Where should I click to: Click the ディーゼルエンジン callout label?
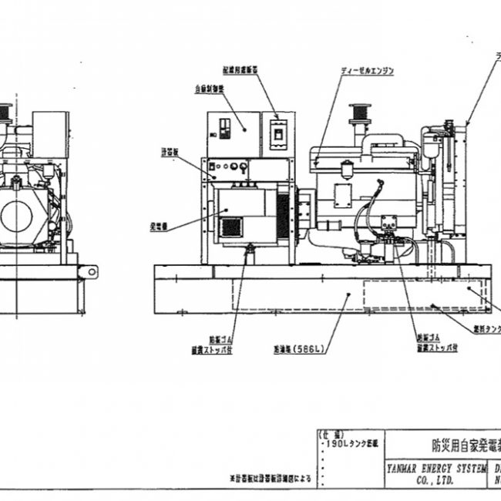click(368, 70)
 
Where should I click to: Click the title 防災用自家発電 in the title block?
click(455, 445)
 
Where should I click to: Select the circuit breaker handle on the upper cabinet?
click(276, 136)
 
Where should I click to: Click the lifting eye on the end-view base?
click(92, 271)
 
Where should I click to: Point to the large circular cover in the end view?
click(17, 217)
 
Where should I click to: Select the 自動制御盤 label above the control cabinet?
click(210, 89)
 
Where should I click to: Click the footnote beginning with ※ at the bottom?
click(267, 479)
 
